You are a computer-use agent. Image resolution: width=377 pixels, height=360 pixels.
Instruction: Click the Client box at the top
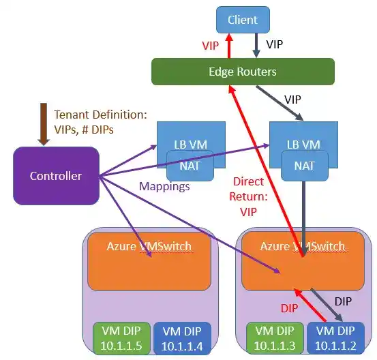[x=243, y=20]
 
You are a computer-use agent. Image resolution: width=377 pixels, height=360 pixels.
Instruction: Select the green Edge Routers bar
[x=243, y=71]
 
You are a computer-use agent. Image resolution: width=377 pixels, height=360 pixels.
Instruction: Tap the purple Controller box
[x=56, y=176]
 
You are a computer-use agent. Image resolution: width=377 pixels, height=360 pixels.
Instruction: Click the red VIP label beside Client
[x=211, y=46]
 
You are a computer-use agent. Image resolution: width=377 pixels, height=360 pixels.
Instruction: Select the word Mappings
[x=164, y=185]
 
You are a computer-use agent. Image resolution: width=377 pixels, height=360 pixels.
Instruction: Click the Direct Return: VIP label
[x=248, y=196]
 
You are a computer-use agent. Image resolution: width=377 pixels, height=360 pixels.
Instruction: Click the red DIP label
[x=290, y=308]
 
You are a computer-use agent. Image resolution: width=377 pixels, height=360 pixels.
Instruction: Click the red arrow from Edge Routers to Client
[x=228, y=46]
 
